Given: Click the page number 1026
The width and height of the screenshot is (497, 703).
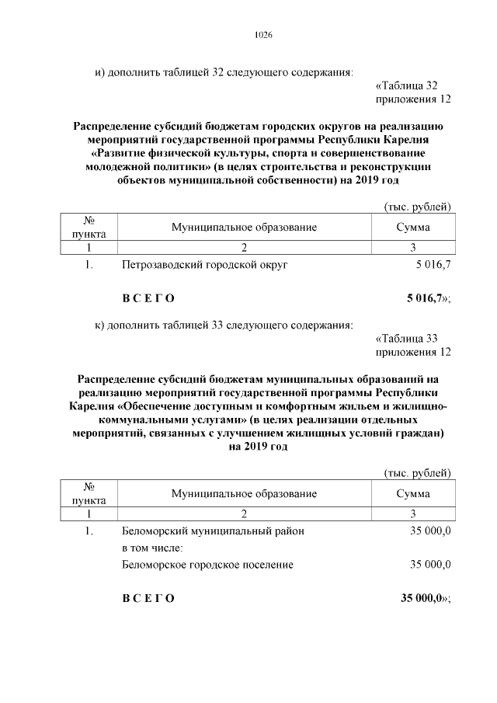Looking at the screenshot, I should click(x=262, y=36).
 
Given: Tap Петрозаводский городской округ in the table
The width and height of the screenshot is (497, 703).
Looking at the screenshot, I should click(x=205, y=266).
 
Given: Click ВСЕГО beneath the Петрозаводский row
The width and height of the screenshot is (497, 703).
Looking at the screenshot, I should click(x=148, y=298).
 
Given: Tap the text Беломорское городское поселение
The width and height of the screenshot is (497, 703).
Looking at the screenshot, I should click(x=208, y=565).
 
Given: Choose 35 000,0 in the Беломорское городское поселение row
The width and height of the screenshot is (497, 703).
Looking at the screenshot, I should click(x=430, y=565).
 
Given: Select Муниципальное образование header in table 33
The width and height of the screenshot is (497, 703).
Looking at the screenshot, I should click(x=244, y=493).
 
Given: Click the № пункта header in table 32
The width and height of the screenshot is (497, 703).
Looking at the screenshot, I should click(x=89, y=227).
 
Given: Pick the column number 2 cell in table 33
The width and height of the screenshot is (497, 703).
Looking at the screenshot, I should click(x=244, y=513).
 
